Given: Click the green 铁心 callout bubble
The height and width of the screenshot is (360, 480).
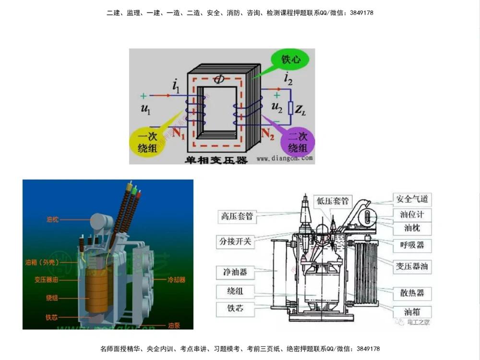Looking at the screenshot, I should coord(292,60).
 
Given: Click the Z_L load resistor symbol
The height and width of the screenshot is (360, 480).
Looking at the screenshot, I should coord(290,108).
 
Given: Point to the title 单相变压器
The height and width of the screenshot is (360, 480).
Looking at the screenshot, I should coord(216,159).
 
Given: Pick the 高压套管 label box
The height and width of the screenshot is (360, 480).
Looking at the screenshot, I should coord(237,216).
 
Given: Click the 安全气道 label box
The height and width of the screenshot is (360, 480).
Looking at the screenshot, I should coord(411,199).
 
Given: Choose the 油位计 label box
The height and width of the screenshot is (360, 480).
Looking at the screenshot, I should coord(411,214).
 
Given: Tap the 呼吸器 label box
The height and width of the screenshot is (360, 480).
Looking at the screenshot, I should coord(411,245).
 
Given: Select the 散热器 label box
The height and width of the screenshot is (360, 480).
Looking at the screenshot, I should coord(411,292).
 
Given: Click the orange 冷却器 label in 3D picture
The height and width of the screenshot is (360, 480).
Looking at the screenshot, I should coord(176,279).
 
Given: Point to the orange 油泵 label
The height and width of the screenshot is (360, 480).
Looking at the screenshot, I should coord(174,325).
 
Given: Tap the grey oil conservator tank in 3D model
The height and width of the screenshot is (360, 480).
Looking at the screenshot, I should coord(102,222).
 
